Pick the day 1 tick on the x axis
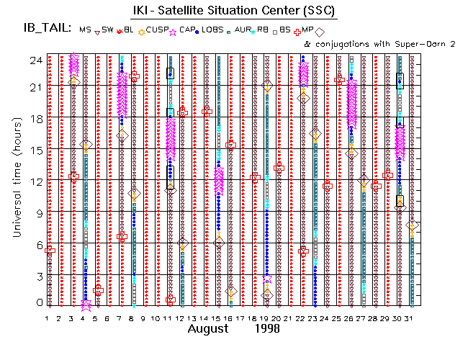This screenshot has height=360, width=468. pyautogui.click(x=48, y=318)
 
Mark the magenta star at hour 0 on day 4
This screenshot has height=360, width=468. pyautogui.click(x=86, y=305)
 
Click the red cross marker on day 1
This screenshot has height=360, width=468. pyautogui.click(x=49, y=251)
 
